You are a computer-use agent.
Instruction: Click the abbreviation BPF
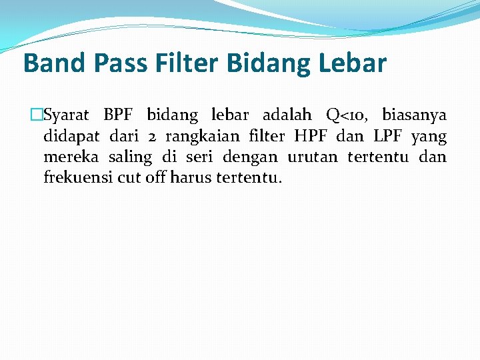click(x=118, y=115)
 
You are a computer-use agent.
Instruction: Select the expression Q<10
click(x=348, y=115)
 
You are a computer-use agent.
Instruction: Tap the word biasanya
click(x=415, y=115)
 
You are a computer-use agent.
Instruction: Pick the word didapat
click(x=71, y=137)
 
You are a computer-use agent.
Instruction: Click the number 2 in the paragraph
click(x=152, y=137)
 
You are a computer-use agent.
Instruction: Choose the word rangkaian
click(x=202, y=137)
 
